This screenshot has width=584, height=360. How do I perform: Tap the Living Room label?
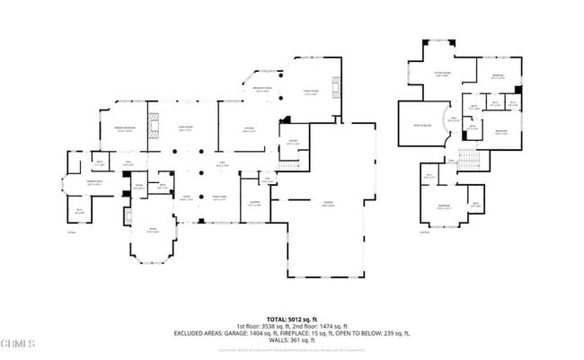pos(188,128)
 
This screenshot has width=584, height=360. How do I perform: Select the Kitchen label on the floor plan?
pos(249,128)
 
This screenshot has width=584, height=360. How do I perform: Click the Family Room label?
pos(310,93)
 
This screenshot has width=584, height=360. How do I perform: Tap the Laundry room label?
pos(255,202)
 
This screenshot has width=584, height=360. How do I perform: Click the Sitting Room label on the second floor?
pos(442,75)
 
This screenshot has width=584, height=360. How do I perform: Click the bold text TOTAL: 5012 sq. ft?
pos(292,319)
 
